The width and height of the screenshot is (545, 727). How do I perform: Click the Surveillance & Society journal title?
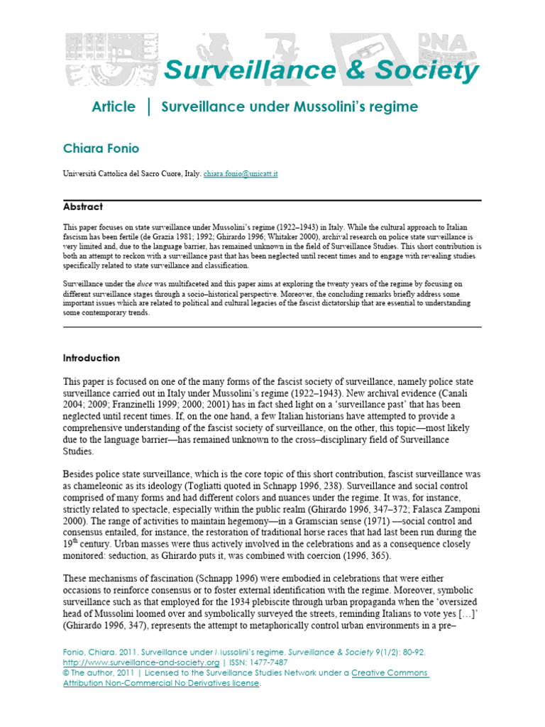click(321, 70)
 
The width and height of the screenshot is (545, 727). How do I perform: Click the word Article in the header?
click(114, 106)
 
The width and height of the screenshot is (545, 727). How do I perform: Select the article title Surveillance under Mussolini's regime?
click(290, 106)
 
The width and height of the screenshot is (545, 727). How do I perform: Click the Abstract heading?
click(83, 207)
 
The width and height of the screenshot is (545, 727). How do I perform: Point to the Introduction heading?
click(92, 358)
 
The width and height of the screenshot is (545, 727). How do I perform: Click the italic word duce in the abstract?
click(146, 282)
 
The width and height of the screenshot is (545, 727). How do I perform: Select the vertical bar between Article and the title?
click(148, 106)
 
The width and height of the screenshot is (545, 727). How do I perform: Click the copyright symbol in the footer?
click(67, 672)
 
